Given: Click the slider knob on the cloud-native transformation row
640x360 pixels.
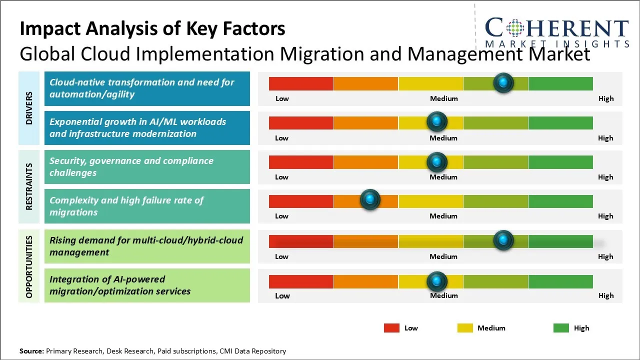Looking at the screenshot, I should click(503, 82).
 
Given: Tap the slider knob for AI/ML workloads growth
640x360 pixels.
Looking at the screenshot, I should click(437, 121).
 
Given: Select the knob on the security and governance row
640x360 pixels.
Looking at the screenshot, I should click(437, 161).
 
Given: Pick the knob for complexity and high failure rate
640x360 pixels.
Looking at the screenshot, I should click(370, 200).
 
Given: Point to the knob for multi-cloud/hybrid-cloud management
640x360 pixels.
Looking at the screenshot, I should click(503, 240).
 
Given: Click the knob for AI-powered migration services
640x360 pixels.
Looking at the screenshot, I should click(437, 281).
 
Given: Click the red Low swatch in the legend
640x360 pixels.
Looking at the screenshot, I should click(391, 328).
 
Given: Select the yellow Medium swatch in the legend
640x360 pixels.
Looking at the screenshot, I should click(465, 328).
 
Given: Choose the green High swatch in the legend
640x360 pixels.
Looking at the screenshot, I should click(561, 328).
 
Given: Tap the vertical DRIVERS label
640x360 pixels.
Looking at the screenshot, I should click(29, 108).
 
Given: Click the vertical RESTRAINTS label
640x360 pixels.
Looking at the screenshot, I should click(29, 186).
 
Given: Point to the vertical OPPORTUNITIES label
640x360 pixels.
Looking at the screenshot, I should click(29, 267).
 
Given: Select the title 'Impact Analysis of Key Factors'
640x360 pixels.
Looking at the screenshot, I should click(152, 29).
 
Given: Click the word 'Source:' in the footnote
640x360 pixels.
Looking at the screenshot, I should click(31, 351).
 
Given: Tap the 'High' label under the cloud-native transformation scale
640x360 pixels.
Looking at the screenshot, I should click(605, 98).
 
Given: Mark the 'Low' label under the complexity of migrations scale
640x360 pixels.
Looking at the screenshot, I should click(281, 216).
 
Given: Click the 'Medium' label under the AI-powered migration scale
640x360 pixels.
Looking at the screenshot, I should click(443, 295).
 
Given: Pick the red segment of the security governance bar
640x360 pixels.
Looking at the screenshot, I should click(301, 161).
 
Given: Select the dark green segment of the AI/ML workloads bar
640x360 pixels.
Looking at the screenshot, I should click(560, 122).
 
